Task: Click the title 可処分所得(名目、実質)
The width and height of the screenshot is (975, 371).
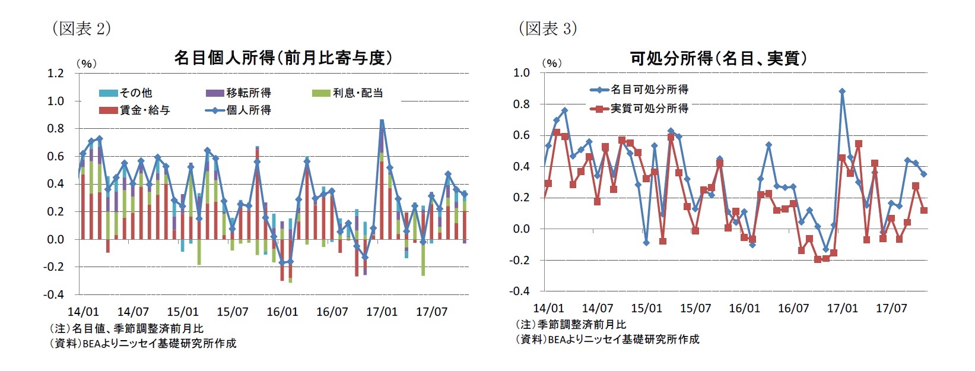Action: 718,58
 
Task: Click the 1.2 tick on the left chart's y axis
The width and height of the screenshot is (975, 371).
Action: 55,73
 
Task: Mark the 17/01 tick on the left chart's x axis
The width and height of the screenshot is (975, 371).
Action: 382,312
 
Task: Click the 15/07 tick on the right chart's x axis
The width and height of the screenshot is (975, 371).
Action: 695,308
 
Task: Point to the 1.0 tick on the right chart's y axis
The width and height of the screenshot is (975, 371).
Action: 521,73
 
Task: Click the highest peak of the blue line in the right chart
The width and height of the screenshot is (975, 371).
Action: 842,91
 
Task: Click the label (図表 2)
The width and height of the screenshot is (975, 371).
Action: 81,28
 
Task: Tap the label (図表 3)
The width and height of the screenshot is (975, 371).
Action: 547,28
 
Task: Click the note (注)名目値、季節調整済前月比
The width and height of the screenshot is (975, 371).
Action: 126,328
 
